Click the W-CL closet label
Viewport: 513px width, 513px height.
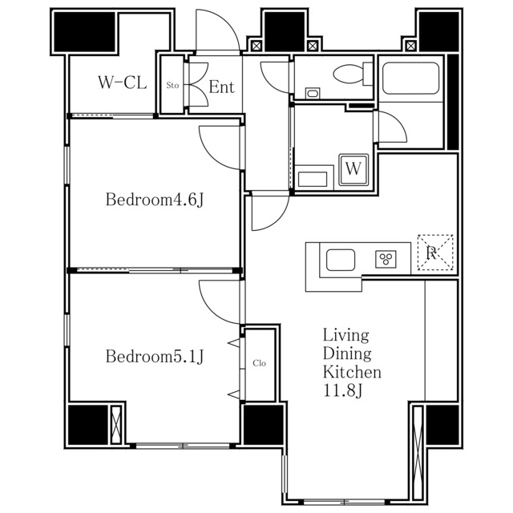click(x=123, y=83)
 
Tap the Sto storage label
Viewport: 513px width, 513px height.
click(x=172, y=86)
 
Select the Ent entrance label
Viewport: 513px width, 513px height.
click(x=221, y=87)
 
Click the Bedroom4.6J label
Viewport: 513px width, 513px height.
click(x=155, y=200)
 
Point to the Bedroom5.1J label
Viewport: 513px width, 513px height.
click(x=155, y=356)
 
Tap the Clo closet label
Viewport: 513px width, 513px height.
click(x=259, y=363)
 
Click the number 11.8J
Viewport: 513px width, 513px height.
click(x=343, y=390)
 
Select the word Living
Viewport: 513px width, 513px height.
click(x=345, y=335)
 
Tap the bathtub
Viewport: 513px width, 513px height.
click(x=410, y=79)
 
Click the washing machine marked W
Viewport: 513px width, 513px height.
click(x=353, y=169)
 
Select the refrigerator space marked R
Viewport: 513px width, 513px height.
click(x=435, y=252)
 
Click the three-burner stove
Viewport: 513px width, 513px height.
click(x=386, y=259)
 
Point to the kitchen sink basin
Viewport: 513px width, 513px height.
click(x=341, y=260)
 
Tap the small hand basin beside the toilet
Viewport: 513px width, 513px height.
click(x=313, y=94)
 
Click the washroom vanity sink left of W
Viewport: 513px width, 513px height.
click(x=313, y=180)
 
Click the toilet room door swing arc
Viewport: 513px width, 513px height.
click(x=267, y=83)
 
